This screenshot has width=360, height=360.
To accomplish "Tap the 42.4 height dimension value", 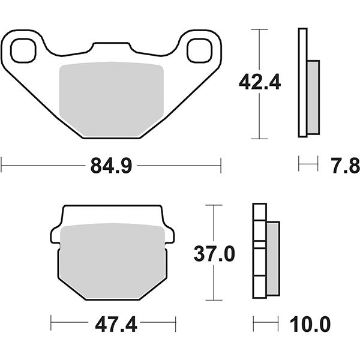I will [259, 82].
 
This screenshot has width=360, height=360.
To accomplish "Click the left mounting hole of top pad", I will [24, 51].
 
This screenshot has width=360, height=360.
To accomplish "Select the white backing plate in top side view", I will [302, 83].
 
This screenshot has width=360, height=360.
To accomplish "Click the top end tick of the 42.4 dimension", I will [259, 28].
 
